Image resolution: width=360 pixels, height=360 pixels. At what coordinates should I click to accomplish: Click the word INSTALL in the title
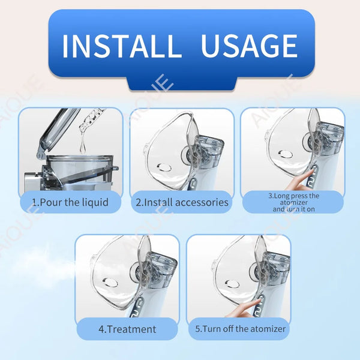(x=122, y=46)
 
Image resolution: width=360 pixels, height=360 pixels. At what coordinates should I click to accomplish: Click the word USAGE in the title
(x=250, y=46)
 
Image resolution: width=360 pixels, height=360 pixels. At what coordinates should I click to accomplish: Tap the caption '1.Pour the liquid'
(x=70, y=202)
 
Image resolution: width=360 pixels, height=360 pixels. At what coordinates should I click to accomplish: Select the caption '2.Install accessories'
(x=182, y=202)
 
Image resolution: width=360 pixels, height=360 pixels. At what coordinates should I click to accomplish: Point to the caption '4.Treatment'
(x=127, y=329)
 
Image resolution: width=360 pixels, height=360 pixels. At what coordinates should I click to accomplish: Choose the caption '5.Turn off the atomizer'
(x=240, y=329)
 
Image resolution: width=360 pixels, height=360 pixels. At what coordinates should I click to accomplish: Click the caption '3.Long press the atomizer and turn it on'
(x=293, y=202)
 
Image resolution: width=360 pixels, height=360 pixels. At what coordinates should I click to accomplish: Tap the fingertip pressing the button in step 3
(x=311, y=171)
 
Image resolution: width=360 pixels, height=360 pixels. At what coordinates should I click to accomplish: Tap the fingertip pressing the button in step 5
(x=257, y=299)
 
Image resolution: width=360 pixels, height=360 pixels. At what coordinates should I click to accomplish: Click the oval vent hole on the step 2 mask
(x=164, y=167)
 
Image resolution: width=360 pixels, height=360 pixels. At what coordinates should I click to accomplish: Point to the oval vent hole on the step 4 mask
(x=110, y=282)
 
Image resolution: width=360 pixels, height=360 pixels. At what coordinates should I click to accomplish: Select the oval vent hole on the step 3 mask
(x=286, y=154)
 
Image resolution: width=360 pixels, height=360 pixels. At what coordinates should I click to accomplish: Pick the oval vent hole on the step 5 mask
(x=232, y=284)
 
